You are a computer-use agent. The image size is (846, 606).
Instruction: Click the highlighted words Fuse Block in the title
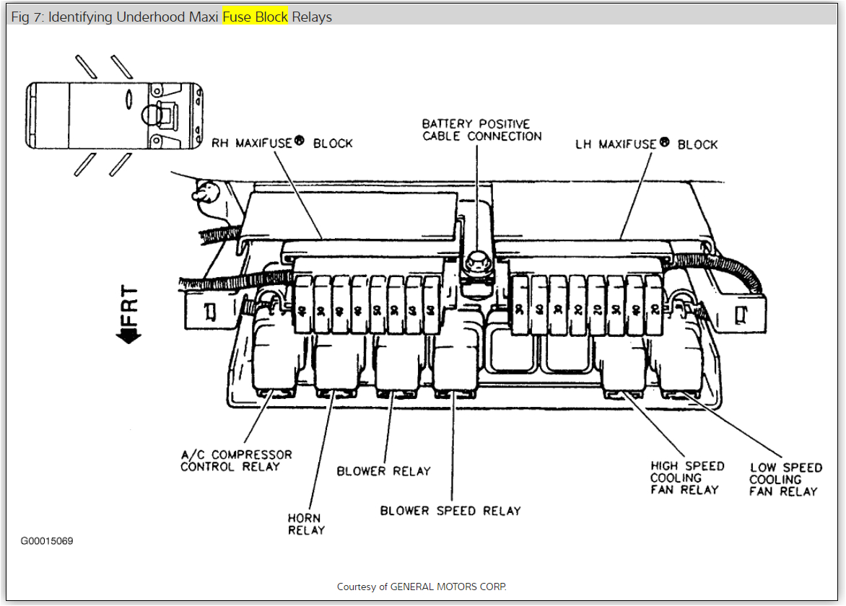point(255,17)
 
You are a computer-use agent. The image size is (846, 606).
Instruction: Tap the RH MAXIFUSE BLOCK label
point(282,144)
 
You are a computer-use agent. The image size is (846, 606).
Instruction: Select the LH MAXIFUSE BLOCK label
point(646,144)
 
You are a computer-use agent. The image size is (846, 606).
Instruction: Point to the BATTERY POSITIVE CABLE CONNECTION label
point(481,130)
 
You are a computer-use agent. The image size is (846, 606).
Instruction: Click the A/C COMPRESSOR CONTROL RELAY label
point(236,460)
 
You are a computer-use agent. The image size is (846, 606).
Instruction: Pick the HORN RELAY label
point(306,524)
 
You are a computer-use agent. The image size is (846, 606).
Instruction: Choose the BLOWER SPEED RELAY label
point(450,511)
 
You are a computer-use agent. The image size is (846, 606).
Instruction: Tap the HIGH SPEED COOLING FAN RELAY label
point(686,478)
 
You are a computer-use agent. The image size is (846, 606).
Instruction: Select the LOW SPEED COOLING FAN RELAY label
point(785,479)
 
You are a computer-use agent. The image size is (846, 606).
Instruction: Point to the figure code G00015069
point(47,541)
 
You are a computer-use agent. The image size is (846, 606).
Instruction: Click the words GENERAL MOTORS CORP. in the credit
point(448,587)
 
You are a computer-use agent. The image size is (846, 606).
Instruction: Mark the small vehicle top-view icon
point(115,115)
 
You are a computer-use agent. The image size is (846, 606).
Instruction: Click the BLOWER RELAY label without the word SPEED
point(383,471)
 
